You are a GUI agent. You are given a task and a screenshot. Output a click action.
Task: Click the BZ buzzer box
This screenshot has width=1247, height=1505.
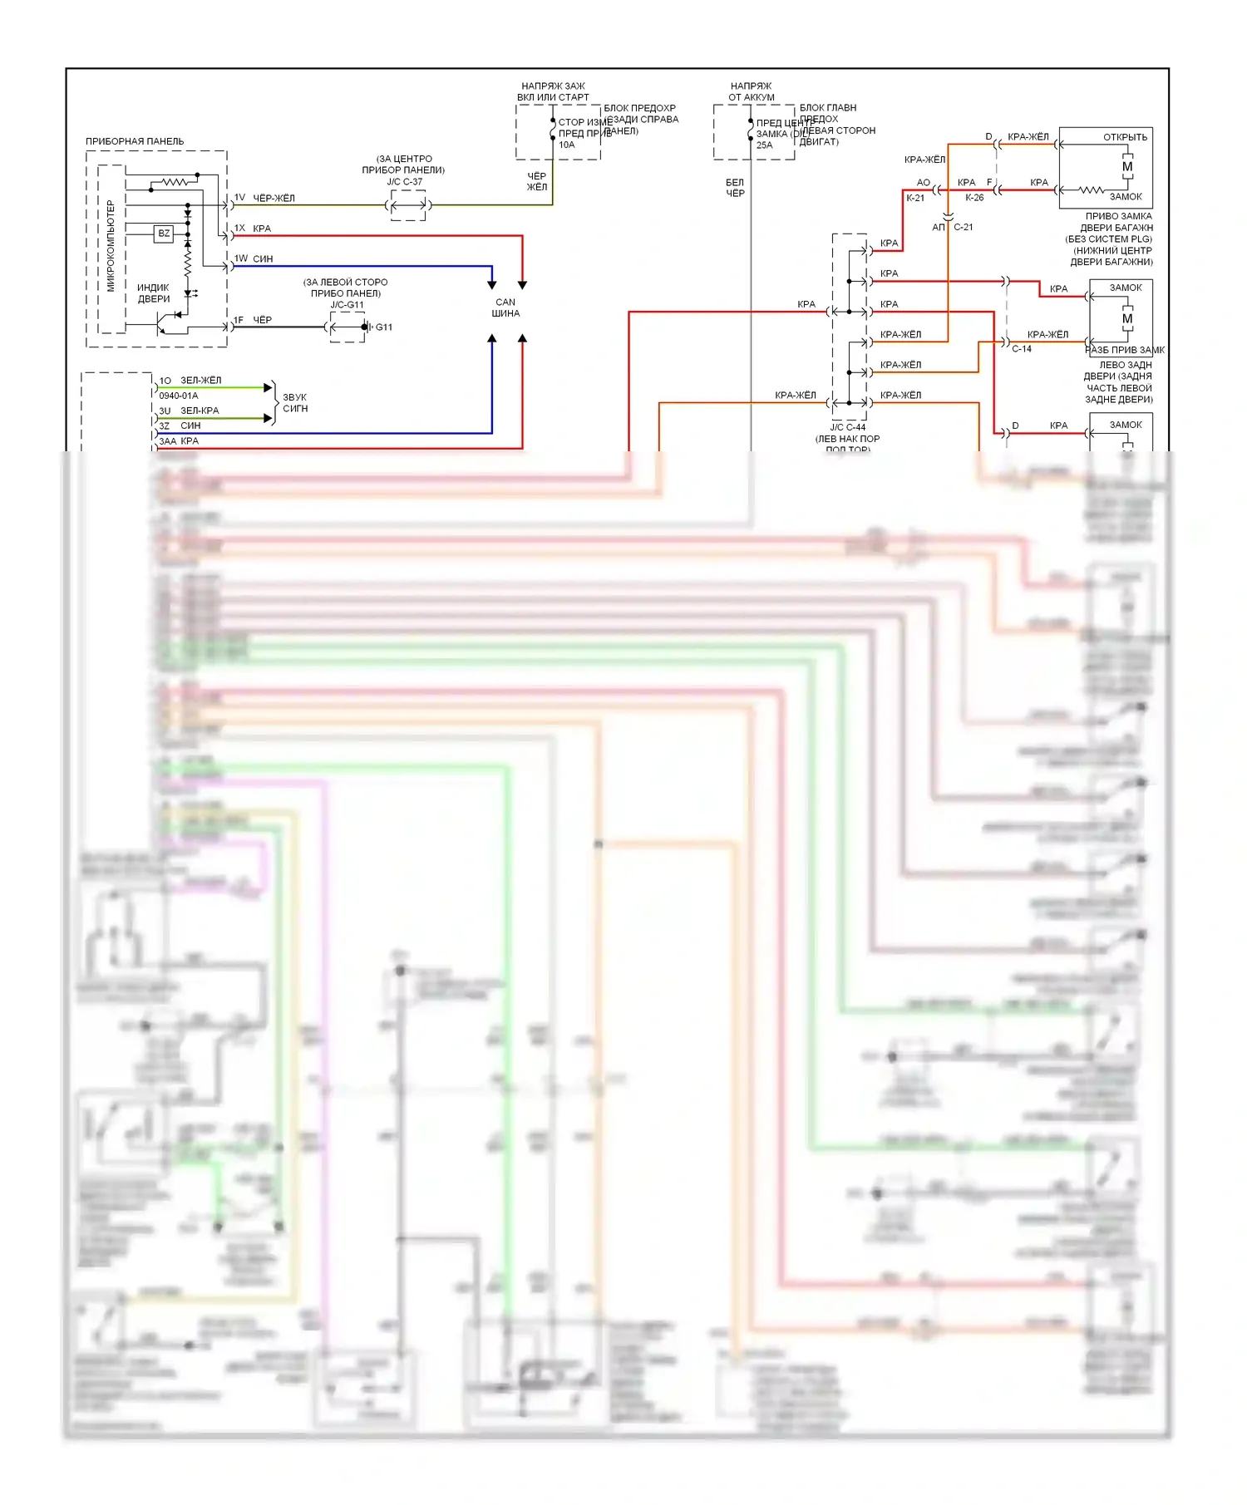[x=164, y=234]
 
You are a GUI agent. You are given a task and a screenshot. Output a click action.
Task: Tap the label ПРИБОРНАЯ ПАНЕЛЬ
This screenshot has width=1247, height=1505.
[x=135, y=141]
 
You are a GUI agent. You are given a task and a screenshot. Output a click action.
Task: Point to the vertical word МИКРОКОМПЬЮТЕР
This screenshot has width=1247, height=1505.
[x=111, y=246]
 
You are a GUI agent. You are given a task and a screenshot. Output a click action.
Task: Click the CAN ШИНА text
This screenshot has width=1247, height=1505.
[x=505, y=307]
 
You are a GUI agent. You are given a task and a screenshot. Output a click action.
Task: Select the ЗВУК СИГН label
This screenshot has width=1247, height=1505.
[x=295, y=403]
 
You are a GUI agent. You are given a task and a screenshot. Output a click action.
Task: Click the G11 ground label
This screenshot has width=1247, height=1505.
[x=384, y=327]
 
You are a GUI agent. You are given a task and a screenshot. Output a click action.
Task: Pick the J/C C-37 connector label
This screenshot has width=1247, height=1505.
[x=404, y=182]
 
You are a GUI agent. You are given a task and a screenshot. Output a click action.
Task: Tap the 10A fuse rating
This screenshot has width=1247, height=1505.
[x=567, y=145]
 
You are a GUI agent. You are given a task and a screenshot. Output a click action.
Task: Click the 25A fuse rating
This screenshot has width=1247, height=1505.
[x=764, y=145]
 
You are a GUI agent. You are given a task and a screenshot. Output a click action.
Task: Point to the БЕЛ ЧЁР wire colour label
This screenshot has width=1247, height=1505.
[x=735, y=188]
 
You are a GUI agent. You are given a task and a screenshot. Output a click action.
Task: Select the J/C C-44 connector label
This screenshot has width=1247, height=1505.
[x=847, y=427]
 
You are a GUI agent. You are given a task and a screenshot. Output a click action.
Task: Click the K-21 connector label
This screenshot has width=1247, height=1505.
[x=915, y=198]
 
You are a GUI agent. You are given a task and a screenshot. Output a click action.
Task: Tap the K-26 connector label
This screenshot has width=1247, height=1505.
[x=974, y=198]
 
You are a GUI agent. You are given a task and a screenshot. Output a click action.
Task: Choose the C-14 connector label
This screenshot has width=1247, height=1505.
[x=1022, y=349]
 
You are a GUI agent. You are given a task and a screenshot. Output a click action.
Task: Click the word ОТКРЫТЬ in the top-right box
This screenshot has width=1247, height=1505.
[x=1125, y=137]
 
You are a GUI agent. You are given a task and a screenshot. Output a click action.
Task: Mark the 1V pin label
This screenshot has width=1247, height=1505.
[x=239, y=198]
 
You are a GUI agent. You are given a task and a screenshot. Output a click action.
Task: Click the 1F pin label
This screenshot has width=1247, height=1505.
[x=239, y=320]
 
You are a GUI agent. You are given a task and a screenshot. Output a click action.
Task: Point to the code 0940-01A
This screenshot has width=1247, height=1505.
[x=179, y=396]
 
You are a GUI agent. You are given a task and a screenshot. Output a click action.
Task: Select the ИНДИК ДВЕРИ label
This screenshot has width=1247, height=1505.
[x=154, y=293]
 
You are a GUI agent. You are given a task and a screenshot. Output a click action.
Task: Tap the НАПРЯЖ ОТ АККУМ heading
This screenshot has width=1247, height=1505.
[x=752, y=91]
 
